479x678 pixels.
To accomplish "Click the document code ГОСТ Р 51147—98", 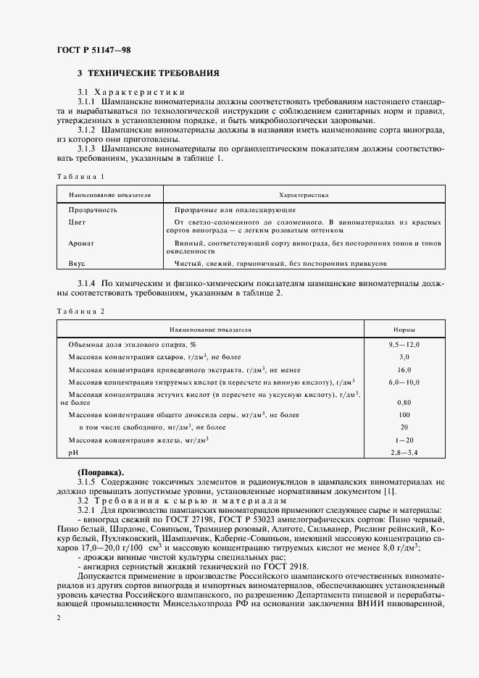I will point(94,49).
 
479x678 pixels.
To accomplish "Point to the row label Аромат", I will point(81,243).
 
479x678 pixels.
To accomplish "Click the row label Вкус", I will point(77,264).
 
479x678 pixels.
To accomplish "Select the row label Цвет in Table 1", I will point(77,222).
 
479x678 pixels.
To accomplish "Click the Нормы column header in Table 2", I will point(404,329).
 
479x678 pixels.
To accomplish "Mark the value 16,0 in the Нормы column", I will point(404,369).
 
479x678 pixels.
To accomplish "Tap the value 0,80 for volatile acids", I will point(404,402).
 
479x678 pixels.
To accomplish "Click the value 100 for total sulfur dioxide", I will point(404,415).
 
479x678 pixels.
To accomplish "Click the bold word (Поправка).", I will point(100,472).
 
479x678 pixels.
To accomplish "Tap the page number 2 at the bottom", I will point(57,616).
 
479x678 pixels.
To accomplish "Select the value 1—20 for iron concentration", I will point(404,440).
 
